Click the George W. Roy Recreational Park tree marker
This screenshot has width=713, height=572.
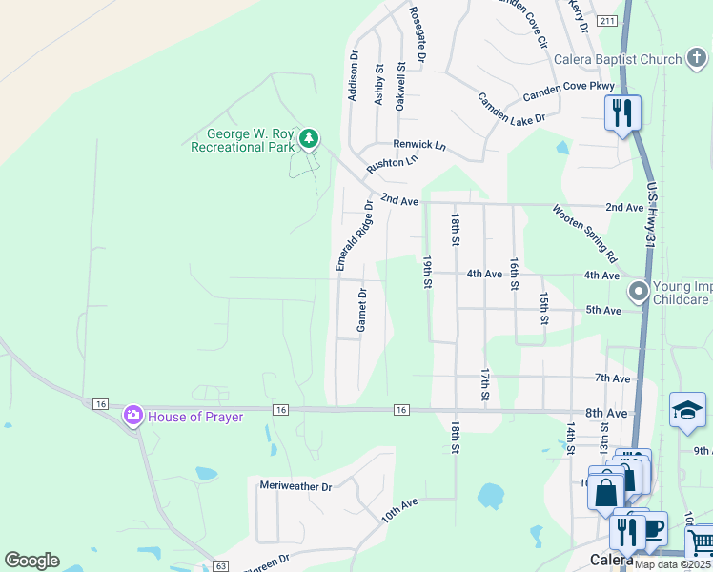(308, 139)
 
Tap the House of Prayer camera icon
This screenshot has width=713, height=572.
(132, 415)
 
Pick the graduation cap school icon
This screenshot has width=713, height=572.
(687, 410)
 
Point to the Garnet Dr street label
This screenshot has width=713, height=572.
(362, 310)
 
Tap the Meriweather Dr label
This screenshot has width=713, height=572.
(295, 486)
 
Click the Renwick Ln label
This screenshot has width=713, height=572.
(419, 145)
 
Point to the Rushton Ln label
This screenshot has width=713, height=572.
(393, 163)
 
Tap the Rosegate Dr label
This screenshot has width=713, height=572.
(417, 35)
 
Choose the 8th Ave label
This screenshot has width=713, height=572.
(607, 413)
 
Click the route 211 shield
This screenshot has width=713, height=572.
(606, 20)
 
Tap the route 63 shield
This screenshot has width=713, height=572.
(220, 566)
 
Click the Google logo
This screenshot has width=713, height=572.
(31, 561)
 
